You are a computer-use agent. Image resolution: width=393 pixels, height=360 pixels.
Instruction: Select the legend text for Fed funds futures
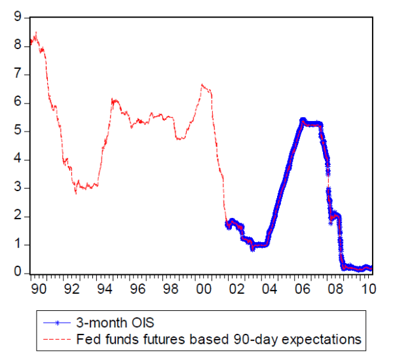tap(219, 339)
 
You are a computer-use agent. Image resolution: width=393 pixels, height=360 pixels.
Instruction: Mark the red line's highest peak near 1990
tap(35, 33)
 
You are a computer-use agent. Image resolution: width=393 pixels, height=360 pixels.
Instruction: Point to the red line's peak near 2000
tap(202, 84)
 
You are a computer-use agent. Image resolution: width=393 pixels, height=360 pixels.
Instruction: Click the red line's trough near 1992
tap(76, 193)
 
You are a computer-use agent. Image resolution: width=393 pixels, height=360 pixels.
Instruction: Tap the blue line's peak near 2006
tap(303, 120)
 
